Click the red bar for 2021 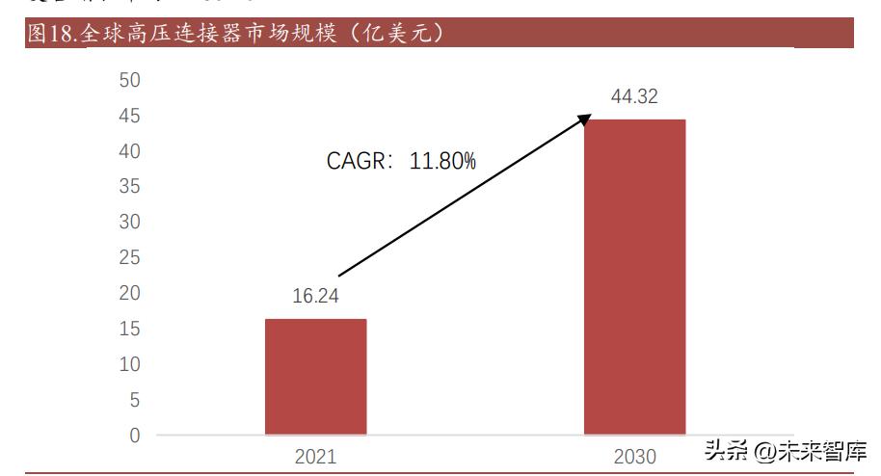click(315, 376)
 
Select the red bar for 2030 click(634, 277)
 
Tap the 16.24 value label click(316, 297)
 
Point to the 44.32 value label click(634, 96)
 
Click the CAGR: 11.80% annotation click(401, 161)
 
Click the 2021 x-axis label click(315, 456)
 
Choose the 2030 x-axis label click(634, 456)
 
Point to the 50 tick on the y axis click(129, 80)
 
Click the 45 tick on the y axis click(129, 116)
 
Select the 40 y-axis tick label click(129, 151)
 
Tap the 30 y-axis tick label click(129, 222)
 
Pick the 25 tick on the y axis click(129, 257)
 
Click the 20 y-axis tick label click(129, 293)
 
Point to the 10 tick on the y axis click(129, 364)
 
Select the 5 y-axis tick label click(134, 399)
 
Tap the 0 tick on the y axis click(134, 435)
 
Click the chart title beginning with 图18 click(236, 34)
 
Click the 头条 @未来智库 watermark click(785, 451)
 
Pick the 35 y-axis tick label click(129, 186)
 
